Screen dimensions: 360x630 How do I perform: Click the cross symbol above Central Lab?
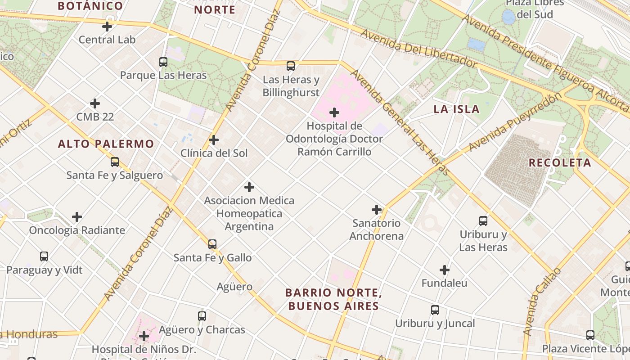(x=107, y=27)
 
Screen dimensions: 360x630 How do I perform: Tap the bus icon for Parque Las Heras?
(x=163, y=62)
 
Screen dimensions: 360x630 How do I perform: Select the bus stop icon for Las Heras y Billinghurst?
(x=291, y=66)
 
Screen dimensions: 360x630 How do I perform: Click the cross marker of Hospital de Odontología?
(x=334, y=112)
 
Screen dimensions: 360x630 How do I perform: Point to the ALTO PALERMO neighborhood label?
(x=106, y=144)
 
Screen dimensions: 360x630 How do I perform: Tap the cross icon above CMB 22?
(x=95, y=103)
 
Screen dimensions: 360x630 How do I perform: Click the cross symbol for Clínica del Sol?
(x=214, y=140)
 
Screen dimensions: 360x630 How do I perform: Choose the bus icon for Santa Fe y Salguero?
(x=115, y=162)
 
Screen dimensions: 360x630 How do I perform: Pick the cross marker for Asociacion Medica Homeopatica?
(x=249, y=187)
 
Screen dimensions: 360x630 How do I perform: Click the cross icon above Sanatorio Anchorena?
(x=377, y=210)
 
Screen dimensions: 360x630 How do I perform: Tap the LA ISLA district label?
(x=456, y=109)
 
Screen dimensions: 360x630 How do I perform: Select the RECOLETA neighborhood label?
(x=560, y=163)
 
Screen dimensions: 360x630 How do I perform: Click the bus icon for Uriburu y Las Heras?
(x=483, y=221)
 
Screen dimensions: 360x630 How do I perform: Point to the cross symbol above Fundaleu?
(x=445, y=270)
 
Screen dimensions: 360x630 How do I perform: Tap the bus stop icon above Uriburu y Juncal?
(x=435, y=310)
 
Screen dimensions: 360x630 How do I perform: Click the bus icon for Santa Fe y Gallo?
(x=212, y=244)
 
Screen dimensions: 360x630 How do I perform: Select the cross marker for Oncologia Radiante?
(x=77, y=217)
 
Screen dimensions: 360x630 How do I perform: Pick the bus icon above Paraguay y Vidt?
(x=44, y=256)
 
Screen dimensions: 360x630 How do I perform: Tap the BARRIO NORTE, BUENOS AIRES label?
(x=333, y=299)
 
